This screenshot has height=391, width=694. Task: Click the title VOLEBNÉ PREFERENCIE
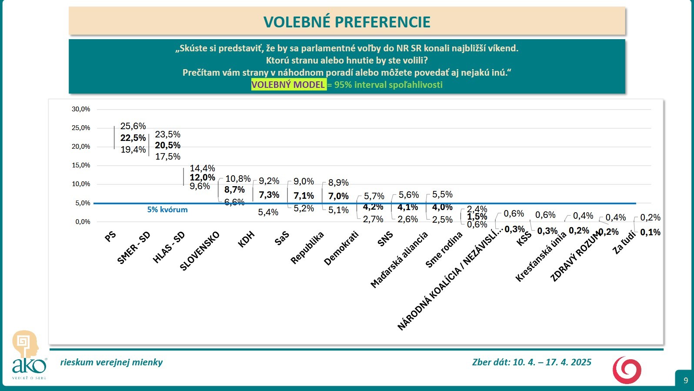tap(347, 22)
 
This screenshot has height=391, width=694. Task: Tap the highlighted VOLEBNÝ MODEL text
tap(288, 84)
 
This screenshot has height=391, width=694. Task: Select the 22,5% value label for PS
tap(133, 138)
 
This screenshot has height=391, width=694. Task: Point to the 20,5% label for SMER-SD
tap(168, 145)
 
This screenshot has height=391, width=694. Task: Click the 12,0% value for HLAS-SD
tap(202, 177)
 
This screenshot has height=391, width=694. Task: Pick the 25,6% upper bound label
tap(133, 126)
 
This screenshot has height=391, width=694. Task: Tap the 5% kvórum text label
tap(167, 210)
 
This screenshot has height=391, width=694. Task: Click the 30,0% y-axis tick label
tap(81, 109)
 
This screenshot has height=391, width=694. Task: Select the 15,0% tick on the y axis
tap(81, 165)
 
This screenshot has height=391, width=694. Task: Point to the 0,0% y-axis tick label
tap(83, 222)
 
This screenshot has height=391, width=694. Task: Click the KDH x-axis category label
tap(246, 239)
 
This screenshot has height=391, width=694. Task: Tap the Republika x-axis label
tap(307, 247)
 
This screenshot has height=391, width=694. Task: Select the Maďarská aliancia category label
tap(399, 260)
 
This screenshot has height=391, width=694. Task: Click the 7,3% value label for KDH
tap(269, 195)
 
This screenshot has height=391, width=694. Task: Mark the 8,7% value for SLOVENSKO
tap(234, 190)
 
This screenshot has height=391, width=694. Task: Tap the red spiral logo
tap(627, 370)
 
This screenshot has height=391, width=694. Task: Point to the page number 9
tap(686, 380)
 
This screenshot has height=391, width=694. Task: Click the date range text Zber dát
tap(531, 362)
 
